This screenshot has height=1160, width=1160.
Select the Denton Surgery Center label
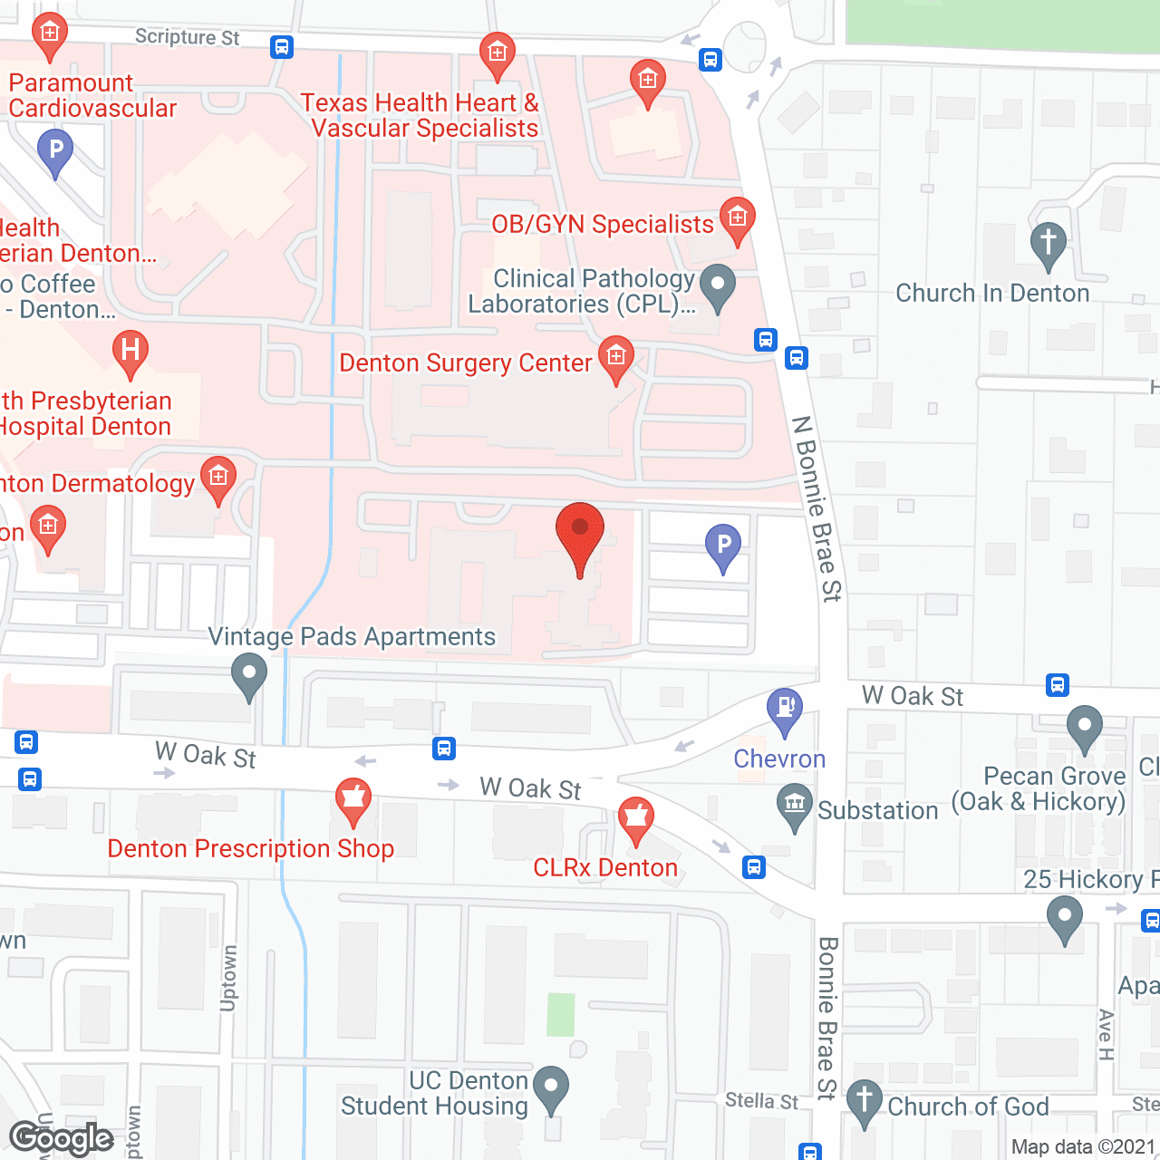[x=465, y=363]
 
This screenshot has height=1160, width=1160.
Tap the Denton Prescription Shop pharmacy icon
[x=353, y=800]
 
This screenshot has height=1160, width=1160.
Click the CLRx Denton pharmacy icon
[x=636, y=820]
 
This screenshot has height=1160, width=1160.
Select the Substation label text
[x=877, y=811]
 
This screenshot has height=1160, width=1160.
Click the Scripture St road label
[x=187, y=37]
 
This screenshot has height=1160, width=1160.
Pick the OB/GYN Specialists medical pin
[x=738, y=219]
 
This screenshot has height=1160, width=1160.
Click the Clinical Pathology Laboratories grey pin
[x=718, y=286]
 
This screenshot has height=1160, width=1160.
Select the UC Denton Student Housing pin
[x=551, y=1087]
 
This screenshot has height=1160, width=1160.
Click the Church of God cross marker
[x=865, y=1102]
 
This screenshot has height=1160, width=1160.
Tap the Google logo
[x=62, y=1138]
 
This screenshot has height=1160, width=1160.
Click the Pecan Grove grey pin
[x=1084, y=728]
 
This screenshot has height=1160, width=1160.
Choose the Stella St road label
[x=761, y=1101]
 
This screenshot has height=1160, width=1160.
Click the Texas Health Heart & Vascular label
[x=420, y=116]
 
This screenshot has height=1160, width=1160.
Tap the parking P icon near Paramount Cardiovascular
[x=55, y=151]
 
